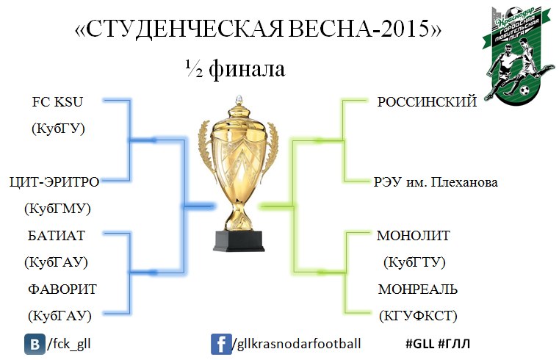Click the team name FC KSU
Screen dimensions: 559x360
tap(57, 102)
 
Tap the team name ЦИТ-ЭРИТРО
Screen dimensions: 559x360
tap(54, 182)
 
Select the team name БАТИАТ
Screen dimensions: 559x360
tap(57, 236)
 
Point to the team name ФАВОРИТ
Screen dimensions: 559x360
tap(62, 289)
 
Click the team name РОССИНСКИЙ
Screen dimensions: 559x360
tap(427, 102)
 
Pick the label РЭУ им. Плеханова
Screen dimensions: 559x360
tap(436, 182)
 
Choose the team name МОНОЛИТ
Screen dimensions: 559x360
tap(413, 236)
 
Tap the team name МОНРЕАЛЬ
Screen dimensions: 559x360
tap(417, 289)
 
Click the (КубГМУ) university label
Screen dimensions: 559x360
tap(57, 209)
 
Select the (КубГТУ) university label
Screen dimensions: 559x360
tap(414, 262)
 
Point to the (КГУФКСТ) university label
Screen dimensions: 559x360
tap(418, 316)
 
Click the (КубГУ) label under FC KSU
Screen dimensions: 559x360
tap(58, 129)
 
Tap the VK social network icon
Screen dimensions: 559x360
tap(35, 344)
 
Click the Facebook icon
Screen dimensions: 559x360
tap(221, 344)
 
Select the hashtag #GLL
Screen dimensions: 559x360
tap(419, 344)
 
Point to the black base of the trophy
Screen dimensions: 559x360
tap(239, 241)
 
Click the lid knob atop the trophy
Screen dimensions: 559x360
tap(239, 99)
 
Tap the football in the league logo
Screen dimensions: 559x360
tap(524, 90)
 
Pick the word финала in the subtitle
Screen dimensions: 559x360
tap(247, 68)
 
